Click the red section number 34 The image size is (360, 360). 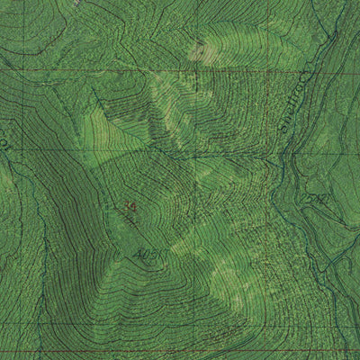tap(131, 207)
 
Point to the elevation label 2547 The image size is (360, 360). tap(314, 199)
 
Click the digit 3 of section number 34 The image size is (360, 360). tap(129, 207)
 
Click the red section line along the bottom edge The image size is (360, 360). tap(180, 350)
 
